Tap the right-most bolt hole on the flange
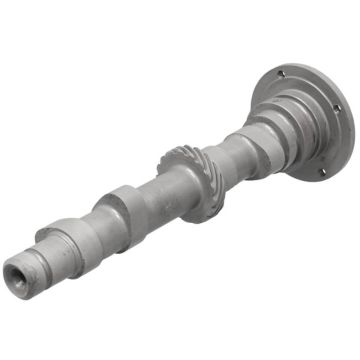[x=335, y=107]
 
